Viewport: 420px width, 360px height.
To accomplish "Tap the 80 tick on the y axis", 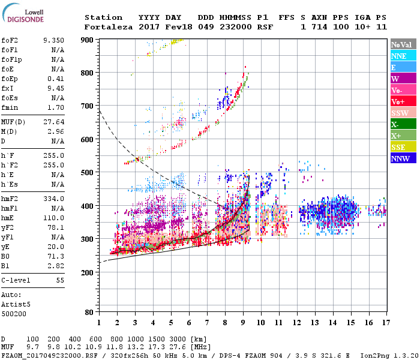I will click(x=89, y=313).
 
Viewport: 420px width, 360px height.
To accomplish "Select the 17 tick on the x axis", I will click(x=385, y=323).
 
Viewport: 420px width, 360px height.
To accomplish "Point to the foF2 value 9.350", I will click(x=53, y=40).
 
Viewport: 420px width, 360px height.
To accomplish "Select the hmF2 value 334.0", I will click(x=53, y=199).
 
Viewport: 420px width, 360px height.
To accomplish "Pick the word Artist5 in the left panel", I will click(x=14, y=304).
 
